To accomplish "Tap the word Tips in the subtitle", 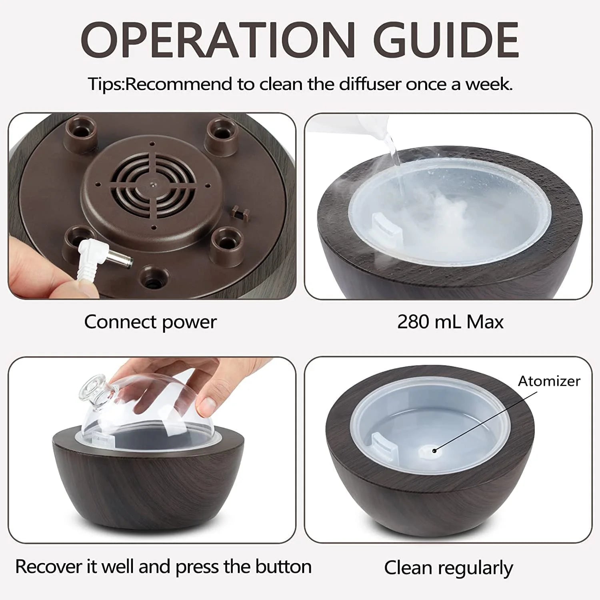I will pyautogui.click(x=105, y=84).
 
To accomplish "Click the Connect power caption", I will pyautogui.click(x=150, y=322).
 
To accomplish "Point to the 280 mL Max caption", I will pyautogui.click(x=450, y=322).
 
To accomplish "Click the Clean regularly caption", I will pyautogui.click(x=448, y=568).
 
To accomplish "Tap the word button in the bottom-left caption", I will pyautogui.click(x=283, y=567).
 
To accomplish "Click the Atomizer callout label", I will pyautogui.click(x=549, y=381).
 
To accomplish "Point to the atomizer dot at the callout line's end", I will pyautogui.click(x=434, y=450).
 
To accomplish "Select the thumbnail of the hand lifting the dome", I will pyautogui.click(x=152, y=450).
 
